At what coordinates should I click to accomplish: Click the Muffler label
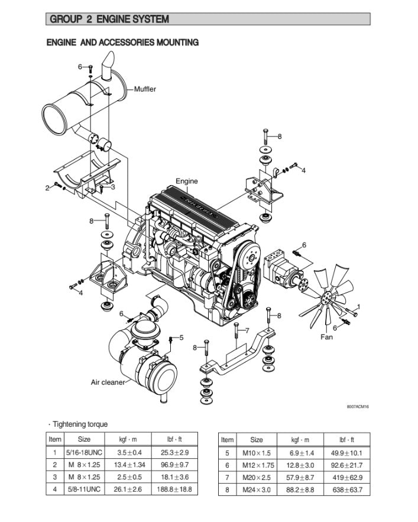tap(145, 89)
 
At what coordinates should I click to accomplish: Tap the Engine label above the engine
tap(187, 181)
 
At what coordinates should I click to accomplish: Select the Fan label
tap(326, 337)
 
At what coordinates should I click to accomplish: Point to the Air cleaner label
tap(108, 382)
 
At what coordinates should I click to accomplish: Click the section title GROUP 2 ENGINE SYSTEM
tap(109, 19)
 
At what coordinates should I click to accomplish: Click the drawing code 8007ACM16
tap(358, 406)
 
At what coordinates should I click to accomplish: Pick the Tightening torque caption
tap(80, 424)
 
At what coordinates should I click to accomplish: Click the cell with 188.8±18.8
tap(175, 489)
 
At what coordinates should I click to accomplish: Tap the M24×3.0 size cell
tap(257, 489)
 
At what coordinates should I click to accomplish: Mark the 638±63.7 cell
tap(351, 489)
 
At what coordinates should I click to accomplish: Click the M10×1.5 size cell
tap(257, 453)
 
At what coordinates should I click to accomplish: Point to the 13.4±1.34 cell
tap(128, 465)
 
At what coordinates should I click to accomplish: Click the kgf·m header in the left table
tap(128, 440)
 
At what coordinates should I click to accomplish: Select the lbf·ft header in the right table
tap(351, 440)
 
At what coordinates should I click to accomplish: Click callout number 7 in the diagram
tap(247, 330)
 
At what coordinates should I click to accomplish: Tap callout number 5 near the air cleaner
tap(182, 338)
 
